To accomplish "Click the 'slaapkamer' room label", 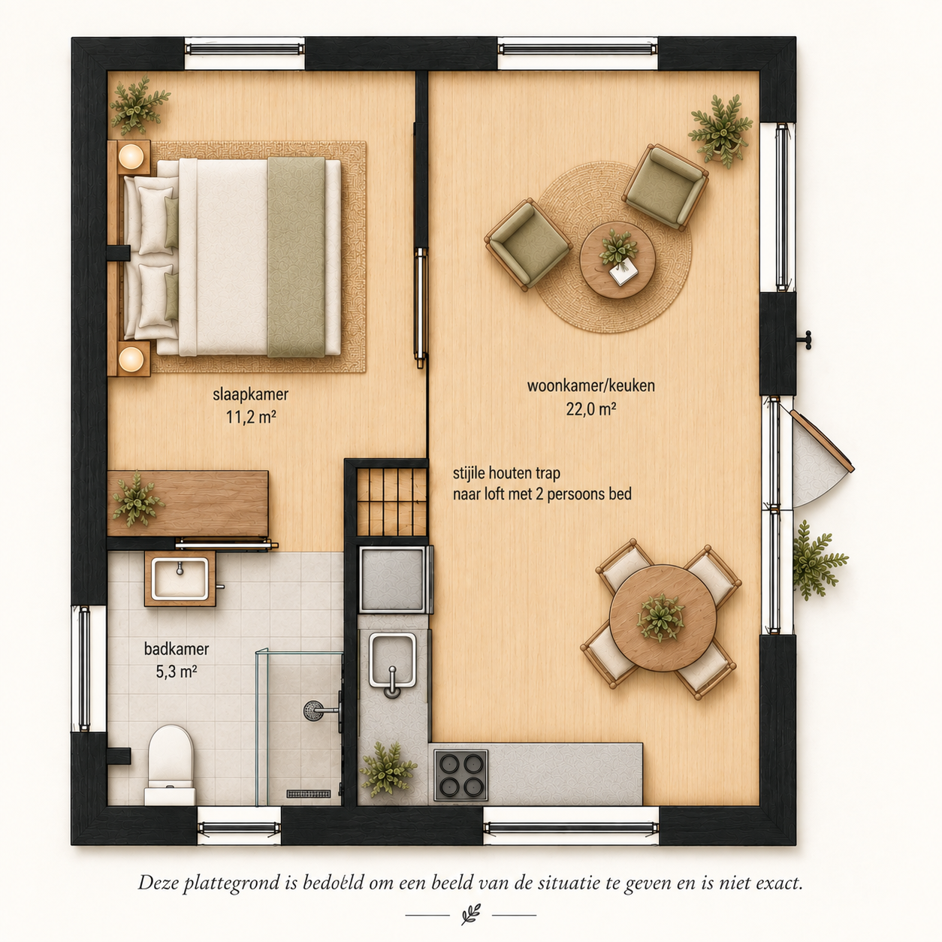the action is coord(250,394).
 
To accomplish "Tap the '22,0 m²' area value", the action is coord(590,409).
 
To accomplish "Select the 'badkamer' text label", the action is coord(176,649).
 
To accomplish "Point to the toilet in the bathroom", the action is coord(170,765).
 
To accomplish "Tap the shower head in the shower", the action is coord(313,710).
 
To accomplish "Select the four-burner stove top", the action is coord(460,775).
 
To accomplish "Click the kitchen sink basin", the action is coord(393,660).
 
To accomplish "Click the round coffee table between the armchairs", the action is coord(617,260).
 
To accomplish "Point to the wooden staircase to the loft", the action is coord(391,502).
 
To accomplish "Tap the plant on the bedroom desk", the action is coord(137,499).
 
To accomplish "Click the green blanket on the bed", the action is coord(296,257).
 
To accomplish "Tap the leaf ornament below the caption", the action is coord(471,914).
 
